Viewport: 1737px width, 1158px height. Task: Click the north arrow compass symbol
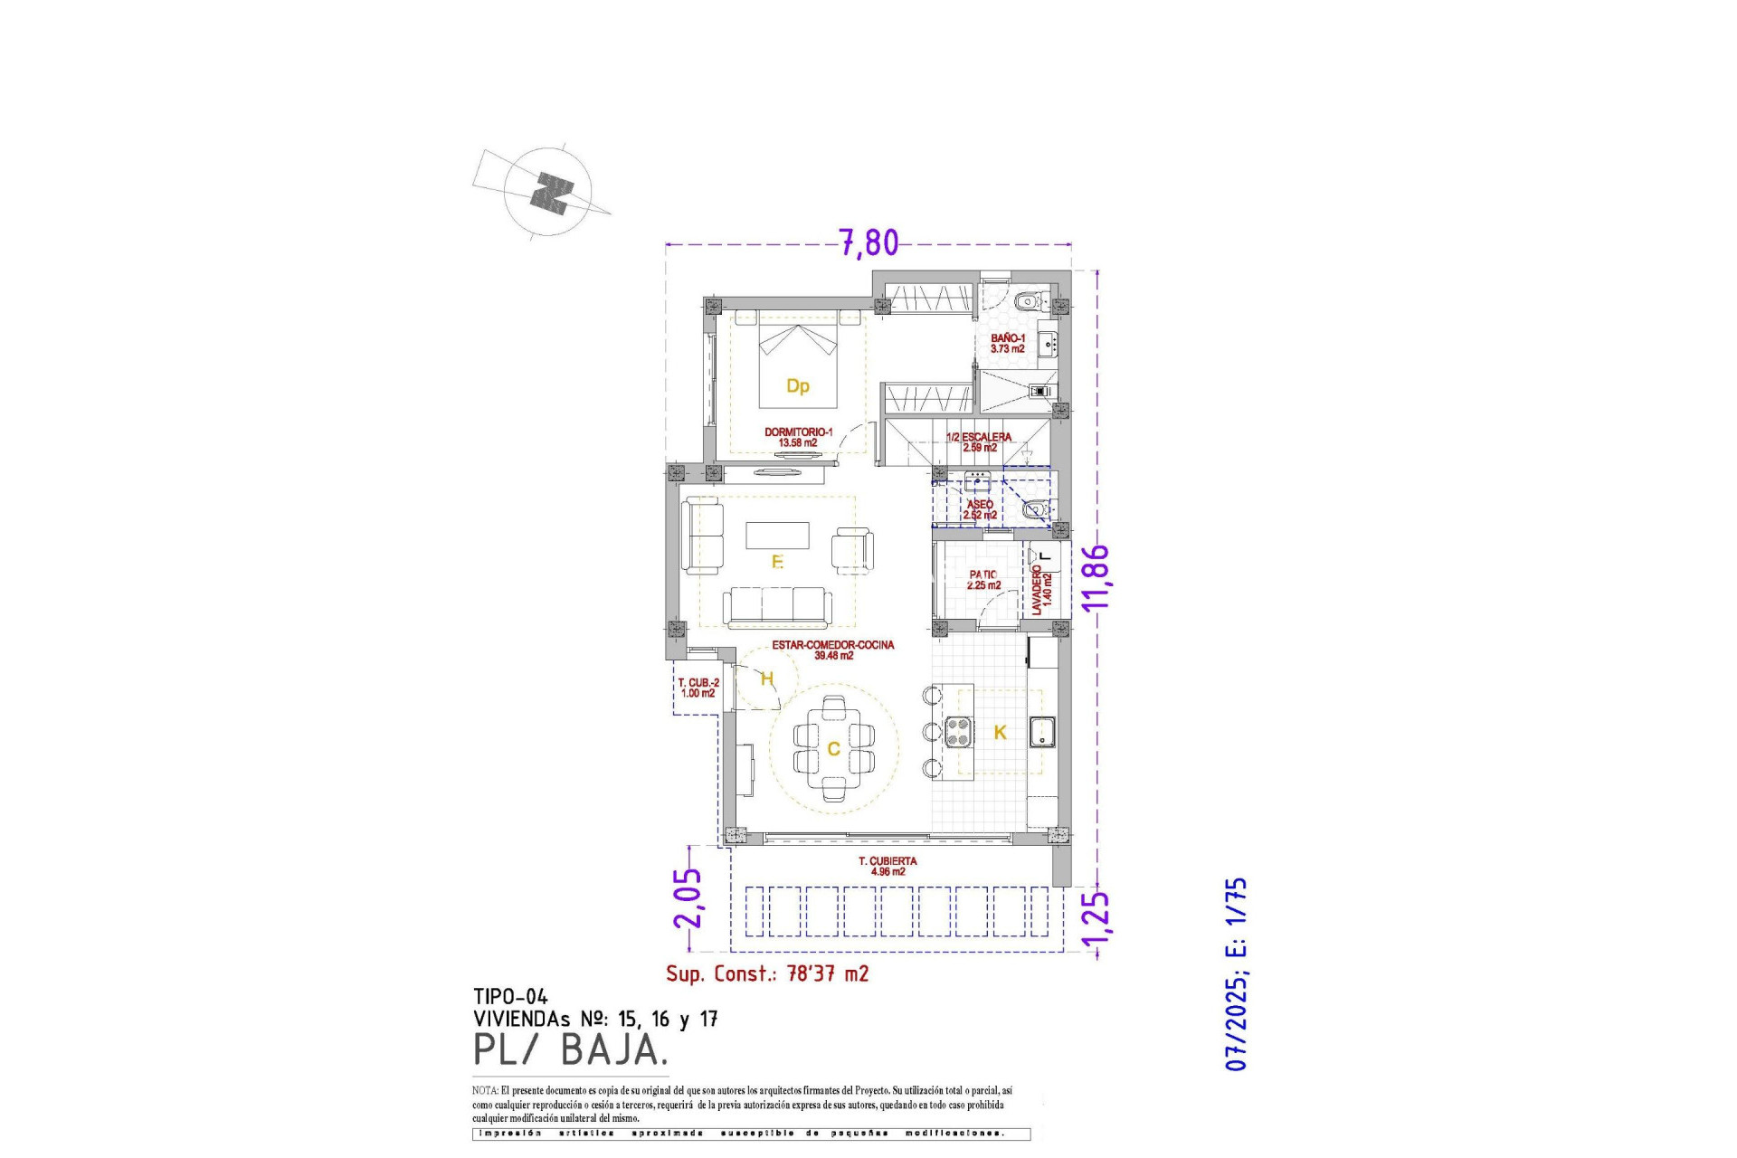click(549, 192)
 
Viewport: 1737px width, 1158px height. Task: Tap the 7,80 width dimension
click(868, 242)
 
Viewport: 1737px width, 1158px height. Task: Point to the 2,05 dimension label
click(688, 897)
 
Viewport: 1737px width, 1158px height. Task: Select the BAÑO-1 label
click(1007, 343)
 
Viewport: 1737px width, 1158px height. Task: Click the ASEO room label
click(980, 509)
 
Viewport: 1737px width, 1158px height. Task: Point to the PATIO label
click(983, 579)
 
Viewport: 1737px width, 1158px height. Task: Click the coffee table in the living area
click(777, 535)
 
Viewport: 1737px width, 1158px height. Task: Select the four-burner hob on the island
click(958, 731)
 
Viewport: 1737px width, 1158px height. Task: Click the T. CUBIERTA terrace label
click(887, 866)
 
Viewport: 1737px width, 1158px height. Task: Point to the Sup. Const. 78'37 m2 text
click(767, 973)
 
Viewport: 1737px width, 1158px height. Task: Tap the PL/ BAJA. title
click(570, 1049)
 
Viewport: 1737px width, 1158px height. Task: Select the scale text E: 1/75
click(1236, 917)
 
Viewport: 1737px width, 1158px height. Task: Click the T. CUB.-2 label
click(698, 688)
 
